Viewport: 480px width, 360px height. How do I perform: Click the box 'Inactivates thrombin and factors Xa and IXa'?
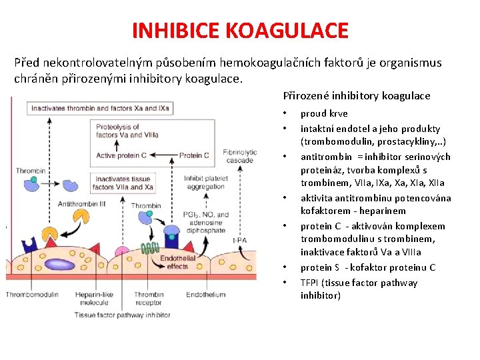100,108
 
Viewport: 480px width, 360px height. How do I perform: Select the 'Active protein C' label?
121,155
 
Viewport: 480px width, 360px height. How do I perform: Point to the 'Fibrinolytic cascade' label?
240,156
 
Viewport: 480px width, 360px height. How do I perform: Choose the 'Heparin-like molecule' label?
93,298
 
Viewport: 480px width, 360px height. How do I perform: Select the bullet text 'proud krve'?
324,113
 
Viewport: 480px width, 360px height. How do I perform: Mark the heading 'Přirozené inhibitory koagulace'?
357,95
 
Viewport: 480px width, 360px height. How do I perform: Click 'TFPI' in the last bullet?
309,283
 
